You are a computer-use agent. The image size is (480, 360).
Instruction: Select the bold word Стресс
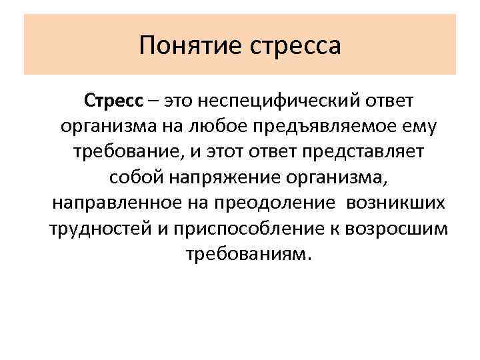tap(113, 101)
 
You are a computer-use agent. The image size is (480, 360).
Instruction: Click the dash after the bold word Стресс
tap(154, 101)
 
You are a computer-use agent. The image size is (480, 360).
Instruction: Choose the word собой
tap(133, 177)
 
